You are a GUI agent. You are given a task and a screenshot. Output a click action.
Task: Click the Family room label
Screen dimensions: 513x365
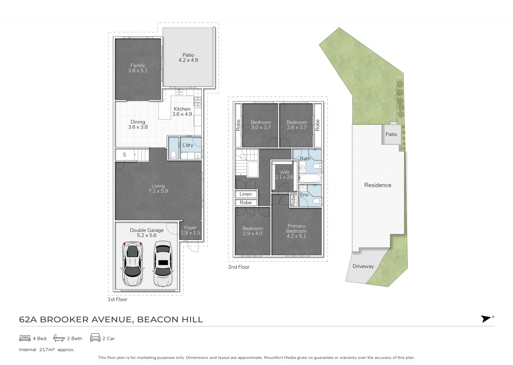[138, 65]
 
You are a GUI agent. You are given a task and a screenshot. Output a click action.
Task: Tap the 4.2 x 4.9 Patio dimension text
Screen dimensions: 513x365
[188, 60]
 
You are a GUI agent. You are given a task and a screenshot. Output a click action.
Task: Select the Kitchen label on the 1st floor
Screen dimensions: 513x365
[182, 109]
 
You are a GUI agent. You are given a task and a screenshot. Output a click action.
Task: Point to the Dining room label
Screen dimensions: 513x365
[138, 122]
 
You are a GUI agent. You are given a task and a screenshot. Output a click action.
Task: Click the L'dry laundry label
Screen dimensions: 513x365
[188, 145]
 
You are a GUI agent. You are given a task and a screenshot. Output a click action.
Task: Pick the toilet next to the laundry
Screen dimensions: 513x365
[173, 155]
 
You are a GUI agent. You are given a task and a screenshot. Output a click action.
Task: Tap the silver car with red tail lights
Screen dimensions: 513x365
[133, 264]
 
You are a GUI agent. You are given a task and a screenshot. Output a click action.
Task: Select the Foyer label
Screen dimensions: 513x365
[191, 228]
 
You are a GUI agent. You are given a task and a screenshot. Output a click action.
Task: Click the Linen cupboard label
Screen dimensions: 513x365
[246, 194]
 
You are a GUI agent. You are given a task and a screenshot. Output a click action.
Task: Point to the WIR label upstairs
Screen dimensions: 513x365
[284, 172]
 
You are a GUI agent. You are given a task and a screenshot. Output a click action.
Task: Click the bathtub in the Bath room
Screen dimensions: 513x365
[310, 178]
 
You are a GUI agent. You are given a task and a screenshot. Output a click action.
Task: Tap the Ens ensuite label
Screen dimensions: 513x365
[304, 195]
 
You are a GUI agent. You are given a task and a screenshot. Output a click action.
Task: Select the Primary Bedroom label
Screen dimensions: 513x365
[297, 228]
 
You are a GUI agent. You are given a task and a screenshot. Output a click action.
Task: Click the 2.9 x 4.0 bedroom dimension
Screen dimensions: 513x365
[252, 234]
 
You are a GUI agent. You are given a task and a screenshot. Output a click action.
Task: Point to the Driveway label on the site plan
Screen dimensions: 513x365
[363, 266]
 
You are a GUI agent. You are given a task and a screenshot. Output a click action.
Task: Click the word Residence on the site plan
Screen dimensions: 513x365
[378, 185]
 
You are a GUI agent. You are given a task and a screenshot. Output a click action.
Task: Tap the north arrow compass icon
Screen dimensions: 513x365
[487, 319]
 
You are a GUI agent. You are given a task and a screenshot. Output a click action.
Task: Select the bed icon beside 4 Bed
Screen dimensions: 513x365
[25, 338]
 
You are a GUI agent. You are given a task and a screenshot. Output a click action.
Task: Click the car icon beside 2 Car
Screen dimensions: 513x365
[95, 338]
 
